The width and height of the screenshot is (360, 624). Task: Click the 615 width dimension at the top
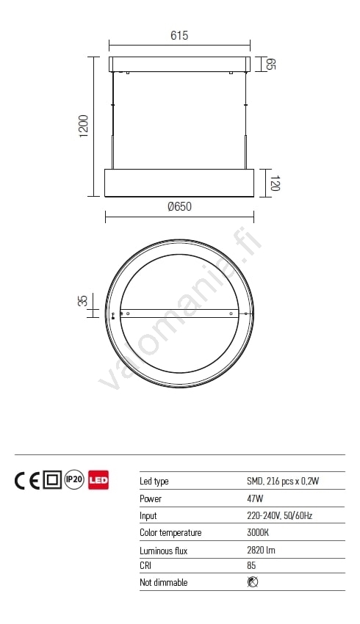pyautogui.click(x=179, y=35)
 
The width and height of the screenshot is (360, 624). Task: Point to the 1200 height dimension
pyautogui.click(x=84, y=126)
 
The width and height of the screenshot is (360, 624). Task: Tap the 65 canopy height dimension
pyautogui.click(x=271, y=64)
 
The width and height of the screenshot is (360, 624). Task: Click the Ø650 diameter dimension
pyautogui.click(x=179, y=206)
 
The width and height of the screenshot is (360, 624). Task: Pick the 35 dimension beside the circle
pyautogui.click(x=83, y=300)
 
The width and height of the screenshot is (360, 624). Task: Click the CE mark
pyautogui.click(x=26, y=480)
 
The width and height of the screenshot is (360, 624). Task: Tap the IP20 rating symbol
pyautogui.click(x=74, y=480)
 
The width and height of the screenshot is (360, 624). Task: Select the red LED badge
pyautogui.click(x=98, y=480)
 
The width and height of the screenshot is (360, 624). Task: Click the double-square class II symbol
pyautogui.click(x=51, y=480)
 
